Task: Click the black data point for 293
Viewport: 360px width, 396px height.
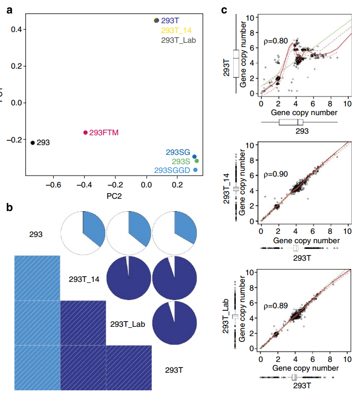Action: click(x=32, y=142)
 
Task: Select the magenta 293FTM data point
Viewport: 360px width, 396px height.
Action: click(x=86, y=133)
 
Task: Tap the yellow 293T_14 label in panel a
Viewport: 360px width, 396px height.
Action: click(x=175, y=30)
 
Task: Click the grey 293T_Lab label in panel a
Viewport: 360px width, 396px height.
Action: click(x=178, y=40)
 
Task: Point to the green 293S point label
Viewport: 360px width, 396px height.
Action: click(x=181, y=161)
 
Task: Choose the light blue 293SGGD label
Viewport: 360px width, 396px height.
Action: click(x=172, y=170)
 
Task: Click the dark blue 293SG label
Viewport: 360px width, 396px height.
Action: click(x=178, y=152)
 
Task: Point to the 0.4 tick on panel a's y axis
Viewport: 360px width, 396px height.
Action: click(x=15, y=29)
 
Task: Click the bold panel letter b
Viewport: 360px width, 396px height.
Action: click(x=9, y=208)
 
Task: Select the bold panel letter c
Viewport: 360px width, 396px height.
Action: click(x=224, y=9)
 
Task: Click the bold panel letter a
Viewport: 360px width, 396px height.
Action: click(x=9, y=9)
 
